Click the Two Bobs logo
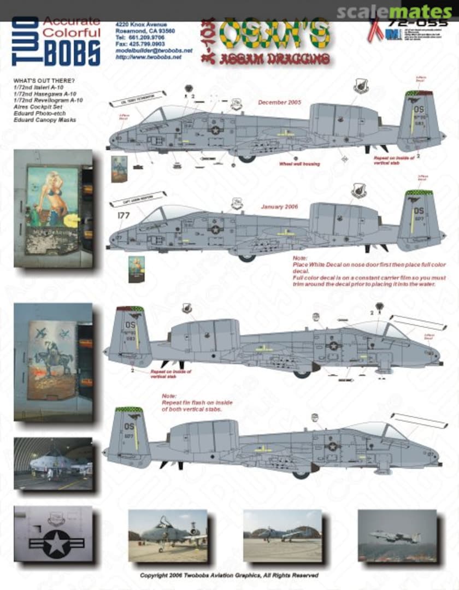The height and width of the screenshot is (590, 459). click(x=56, y=41)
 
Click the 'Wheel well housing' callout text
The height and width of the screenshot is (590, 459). click(x=299, y=163)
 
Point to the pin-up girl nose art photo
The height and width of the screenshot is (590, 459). click(x=54, y=208)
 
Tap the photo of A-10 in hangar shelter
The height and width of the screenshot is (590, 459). click(x=53, y=463)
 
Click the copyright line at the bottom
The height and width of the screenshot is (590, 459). click(x=229, y=575)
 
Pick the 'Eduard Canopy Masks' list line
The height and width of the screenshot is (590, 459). click(x=45, y=120)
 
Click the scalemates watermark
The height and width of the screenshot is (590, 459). click(x=394, y=11)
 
